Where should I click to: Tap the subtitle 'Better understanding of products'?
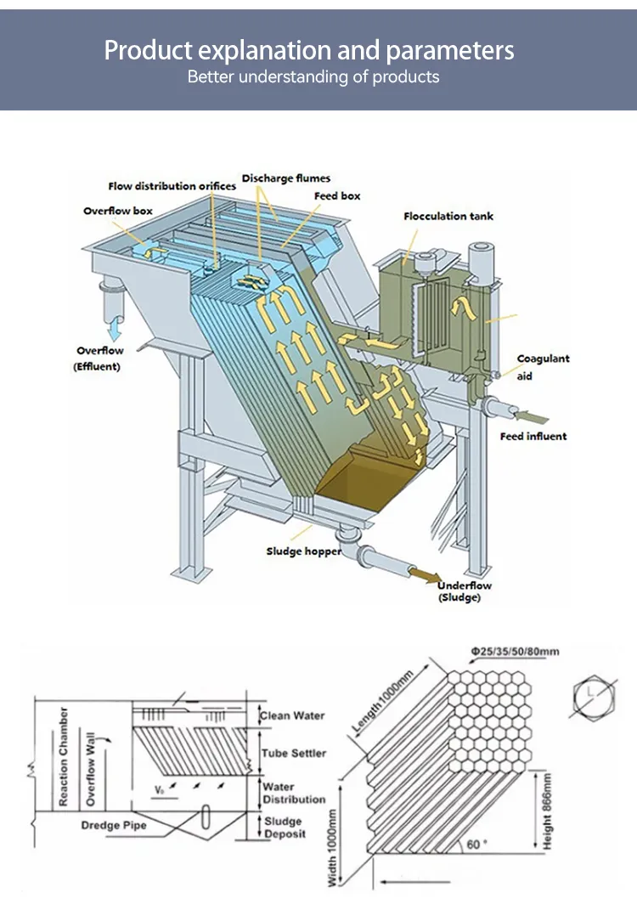tap(313, 77)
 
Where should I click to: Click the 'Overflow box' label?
tap(117, 211)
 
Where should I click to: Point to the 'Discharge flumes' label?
tap(285, 178)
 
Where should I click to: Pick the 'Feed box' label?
tap(337, 196)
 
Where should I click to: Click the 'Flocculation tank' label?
tap(448, 217)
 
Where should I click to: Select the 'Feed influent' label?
tap(533, 436)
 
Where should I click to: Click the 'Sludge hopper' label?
tap(303, 551)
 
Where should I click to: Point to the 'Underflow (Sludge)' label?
tap(464, 591)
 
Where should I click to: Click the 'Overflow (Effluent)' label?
tap(99, 359)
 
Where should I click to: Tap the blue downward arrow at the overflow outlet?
tap(115, 328)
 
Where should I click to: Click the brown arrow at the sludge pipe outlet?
tap(425, 575)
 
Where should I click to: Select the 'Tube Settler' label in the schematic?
tap(293, 753)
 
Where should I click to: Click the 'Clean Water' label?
tap(292, 716)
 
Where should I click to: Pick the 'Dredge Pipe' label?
tap(114, 825)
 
